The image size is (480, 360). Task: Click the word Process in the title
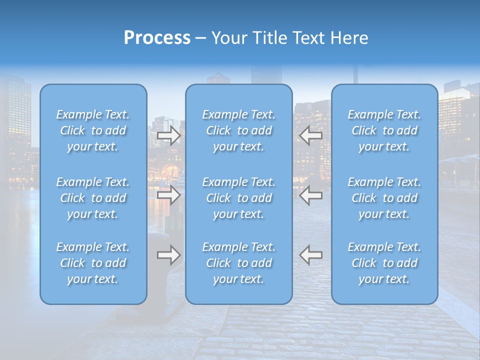coord(157,38)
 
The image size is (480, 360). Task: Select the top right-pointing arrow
coord(168,135)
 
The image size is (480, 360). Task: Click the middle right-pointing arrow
coord(168,194)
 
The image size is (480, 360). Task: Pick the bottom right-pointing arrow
coord(168,255)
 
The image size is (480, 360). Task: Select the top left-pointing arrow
coord(311,135)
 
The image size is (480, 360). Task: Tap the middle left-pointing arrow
coord(311,194)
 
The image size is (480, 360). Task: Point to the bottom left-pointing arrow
coord(311,255)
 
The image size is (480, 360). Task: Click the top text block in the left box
coord(93,130)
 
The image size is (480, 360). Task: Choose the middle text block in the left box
coord(93,198)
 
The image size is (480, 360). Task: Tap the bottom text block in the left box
coord(93,263)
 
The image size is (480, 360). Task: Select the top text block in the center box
coord(239,130)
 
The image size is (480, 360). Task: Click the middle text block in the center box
coord(239,198)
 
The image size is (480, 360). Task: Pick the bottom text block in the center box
coord(239,263)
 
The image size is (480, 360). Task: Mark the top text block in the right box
coord(384,130)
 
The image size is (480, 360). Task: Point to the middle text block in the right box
coord(384,198)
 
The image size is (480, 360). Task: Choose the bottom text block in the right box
coord(384,263)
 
